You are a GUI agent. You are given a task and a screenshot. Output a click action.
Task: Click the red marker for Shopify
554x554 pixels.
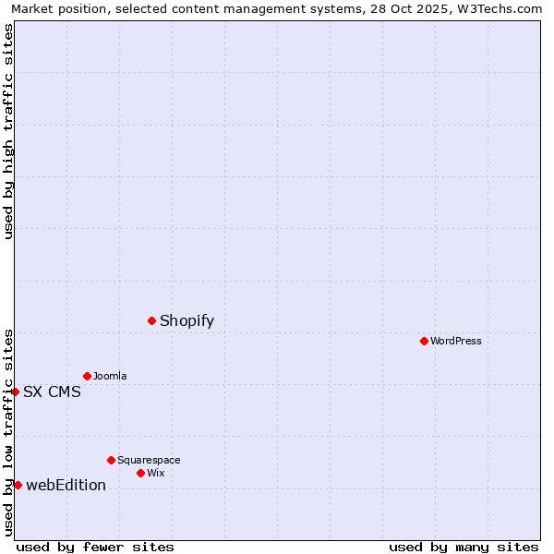[152, 320]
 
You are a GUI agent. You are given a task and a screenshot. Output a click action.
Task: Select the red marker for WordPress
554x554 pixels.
[424, 341]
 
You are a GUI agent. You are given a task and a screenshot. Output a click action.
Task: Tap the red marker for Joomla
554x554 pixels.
[87, 376]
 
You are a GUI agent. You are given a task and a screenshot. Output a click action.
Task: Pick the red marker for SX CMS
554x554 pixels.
[15, 391]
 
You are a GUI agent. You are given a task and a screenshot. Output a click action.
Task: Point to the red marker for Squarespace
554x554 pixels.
[111, 460]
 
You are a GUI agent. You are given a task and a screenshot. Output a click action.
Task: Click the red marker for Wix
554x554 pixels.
[140, 473]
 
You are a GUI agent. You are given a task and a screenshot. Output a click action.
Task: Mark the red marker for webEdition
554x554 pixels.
[18, 485]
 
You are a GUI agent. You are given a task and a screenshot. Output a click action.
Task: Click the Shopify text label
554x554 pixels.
[187, 320]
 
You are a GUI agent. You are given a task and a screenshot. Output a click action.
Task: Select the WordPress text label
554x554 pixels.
[455, 341]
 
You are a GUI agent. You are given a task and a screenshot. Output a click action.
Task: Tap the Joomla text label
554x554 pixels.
[110, 376]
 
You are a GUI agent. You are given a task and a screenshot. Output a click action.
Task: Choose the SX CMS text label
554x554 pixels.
[52, 391]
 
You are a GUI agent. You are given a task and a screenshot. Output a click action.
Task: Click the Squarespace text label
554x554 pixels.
[149, 460]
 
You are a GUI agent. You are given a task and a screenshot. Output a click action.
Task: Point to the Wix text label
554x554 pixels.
[155, 473]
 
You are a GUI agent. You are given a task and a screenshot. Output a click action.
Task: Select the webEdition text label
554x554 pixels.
[66, 485]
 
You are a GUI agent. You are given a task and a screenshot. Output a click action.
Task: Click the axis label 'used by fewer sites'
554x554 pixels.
[95, 547]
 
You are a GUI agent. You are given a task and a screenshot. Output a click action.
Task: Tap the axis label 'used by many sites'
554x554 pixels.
[464, 547]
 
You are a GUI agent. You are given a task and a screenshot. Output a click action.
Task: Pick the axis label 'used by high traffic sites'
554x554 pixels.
[8, 131]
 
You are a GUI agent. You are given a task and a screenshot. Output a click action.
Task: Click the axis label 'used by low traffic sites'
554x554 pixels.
[8, 432]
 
